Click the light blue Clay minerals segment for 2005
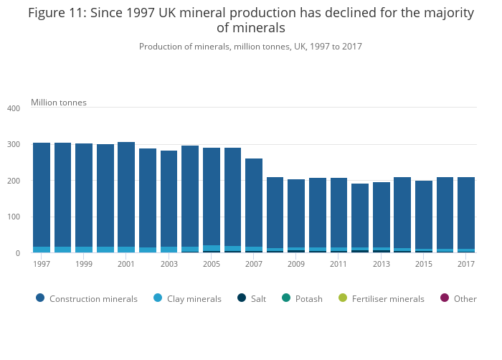point(212,248)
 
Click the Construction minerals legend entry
point(86,298)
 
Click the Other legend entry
point(459,298)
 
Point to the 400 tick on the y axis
point(14,108)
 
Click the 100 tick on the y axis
point(14,217)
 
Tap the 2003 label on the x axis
point(169,264)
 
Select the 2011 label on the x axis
point(338,264)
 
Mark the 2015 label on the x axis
point(423,264)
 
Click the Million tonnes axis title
point(59,103)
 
